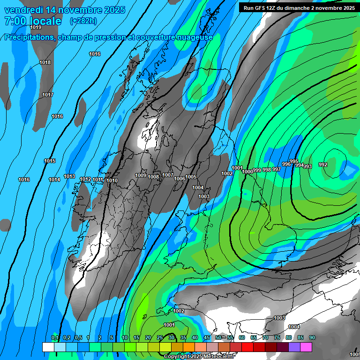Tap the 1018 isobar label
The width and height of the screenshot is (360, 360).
(45, 63)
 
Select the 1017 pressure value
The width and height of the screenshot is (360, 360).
(48, 95)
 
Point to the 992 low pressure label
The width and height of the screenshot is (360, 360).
(323, 165)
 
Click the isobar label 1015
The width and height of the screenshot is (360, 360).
(50, 161)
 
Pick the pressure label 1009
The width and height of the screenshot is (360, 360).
(141, 176)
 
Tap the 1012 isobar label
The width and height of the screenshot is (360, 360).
(85, 180)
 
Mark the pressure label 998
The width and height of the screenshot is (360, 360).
(267, 170)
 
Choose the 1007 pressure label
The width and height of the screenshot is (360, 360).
(168, 175)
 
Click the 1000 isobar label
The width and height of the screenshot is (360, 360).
(247, 172)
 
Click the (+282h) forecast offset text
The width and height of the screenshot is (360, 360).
(83, 21)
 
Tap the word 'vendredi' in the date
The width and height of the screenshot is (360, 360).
(23, 9)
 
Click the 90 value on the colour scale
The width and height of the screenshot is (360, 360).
(312, 338)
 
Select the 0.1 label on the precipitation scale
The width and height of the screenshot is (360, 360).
(55, 338)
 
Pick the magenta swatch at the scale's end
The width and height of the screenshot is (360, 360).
(306, 347)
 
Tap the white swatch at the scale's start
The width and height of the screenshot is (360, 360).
(48, 347)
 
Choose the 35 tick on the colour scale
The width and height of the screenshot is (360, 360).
(183, 338)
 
